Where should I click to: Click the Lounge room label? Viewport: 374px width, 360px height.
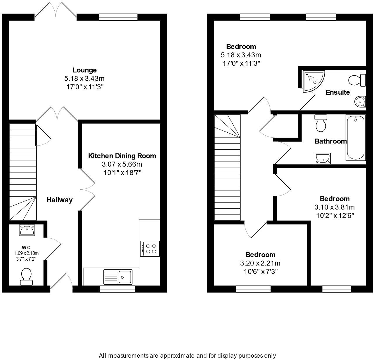tap(84, 70)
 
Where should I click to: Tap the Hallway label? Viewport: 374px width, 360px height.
tap(60, 200)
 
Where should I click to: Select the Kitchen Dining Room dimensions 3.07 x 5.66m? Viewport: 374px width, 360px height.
tap(122, 164)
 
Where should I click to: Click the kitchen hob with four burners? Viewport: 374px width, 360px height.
tap(150, 249)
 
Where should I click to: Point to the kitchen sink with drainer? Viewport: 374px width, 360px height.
tap(118, 276)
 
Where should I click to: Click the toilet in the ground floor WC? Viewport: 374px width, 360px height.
tap(26, 276)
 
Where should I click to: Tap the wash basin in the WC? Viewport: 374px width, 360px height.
tap(27, 230)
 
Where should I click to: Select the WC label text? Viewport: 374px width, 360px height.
tap(26, 247)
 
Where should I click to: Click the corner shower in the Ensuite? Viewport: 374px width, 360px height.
tap(313, 80)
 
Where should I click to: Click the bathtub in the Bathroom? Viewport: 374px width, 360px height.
tap(355, 138)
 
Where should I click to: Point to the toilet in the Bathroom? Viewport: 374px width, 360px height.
tap(321, 123)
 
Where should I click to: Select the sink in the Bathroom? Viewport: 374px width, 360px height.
tap(323, 159)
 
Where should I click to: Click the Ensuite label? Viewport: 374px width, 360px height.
tap(337, 92)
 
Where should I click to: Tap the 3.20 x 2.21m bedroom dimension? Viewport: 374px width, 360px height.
tap(260, 263)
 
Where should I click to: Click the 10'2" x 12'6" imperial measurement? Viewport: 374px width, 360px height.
tap(335, 216)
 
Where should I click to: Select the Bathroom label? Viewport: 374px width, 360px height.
tap(330, 141)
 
